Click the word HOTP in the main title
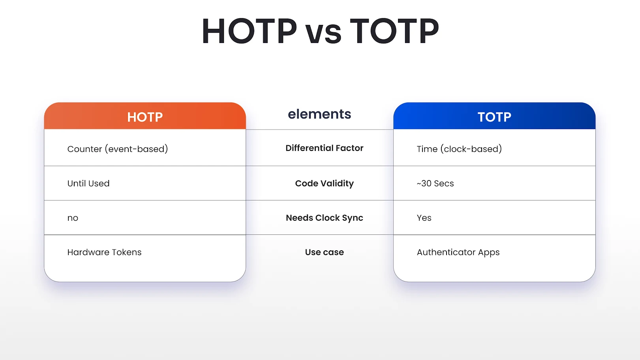[x=249, y=31]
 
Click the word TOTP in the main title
[x=394, y=31]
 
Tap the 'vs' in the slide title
[x=323, y=33]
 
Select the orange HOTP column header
[x=145, y=117]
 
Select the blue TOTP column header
[x=494, y=117]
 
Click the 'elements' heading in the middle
[x=319, y=114]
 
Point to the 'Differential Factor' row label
[x=324, y=148]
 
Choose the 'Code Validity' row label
[x=324, y=184]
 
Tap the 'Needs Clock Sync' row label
[x=324, y=218]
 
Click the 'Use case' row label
[x=324, y=252]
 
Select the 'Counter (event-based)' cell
[x=118, y=149]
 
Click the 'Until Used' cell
[x=88, y=184]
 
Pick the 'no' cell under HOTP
[x=73, y=218]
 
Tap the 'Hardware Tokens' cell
[x=104, y=252]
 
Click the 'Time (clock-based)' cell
[x=459, y=149]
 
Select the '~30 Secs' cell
[x=435, y=184]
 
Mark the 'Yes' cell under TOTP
[x=424, y=218]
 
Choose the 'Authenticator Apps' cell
[x=458, y=252]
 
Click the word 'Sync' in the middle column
[x=353, y=218]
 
